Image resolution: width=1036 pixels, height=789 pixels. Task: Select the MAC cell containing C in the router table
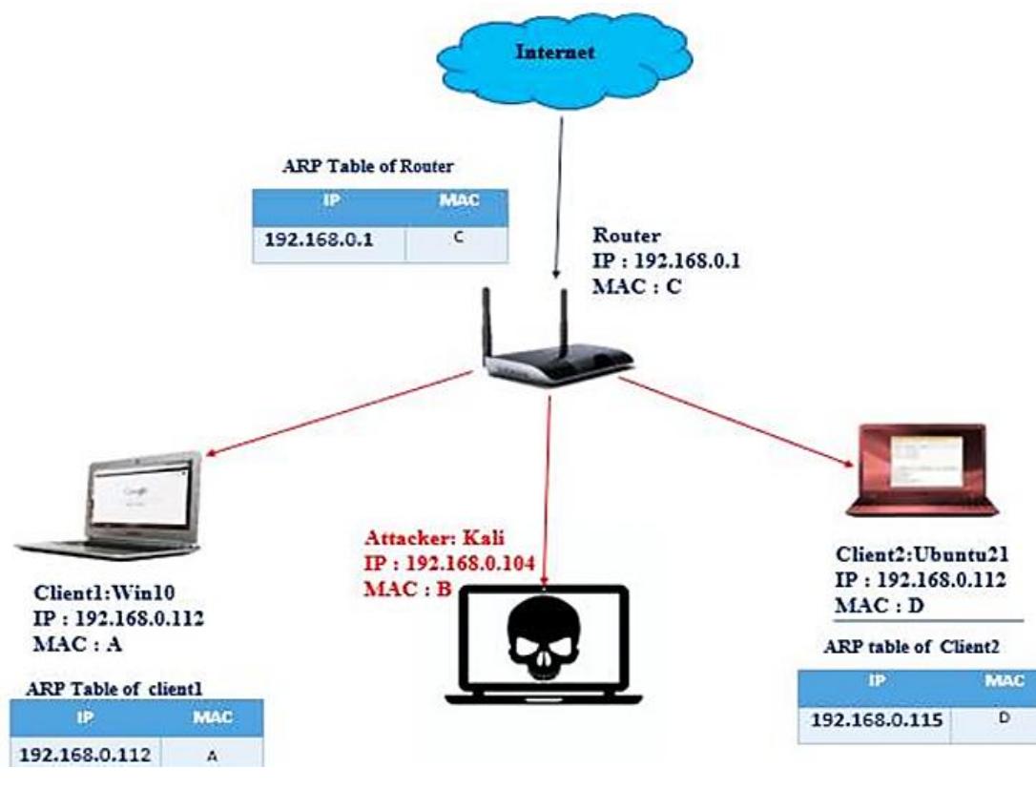[x=457, y=241]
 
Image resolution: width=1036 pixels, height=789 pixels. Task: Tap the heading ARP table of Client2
[x=910, y=647]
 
